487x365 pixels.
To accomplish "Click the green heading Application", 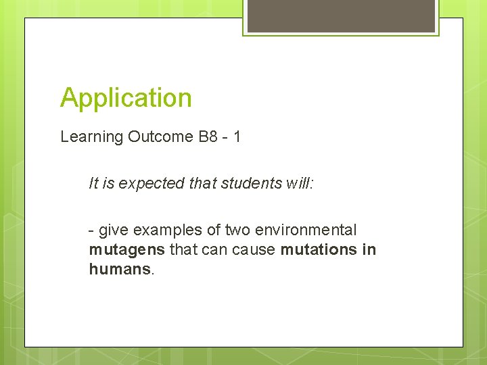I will pyautogui.click(x=126, y=98).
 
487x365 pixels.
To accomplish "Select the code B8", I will pyautogui.click(x=208, y=137).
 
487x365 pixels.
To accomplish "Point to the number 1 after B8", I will pyautogui.click(x=237, y=137).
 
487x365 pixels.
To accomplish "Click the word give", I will pyautogui.click(x=112, y=230).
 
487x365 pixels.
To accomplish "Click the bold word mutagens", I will pyautogui.click(x=126, y=250).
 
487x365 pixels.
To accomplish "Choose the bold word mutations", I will pyautogui.click(x=319, y=250).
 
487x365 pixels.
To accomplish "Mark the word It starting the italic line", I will pyautogui.click(x=93, y=183).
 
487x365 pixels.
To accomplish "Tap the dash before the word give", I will pyautogui.click(x=91, y=231).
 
